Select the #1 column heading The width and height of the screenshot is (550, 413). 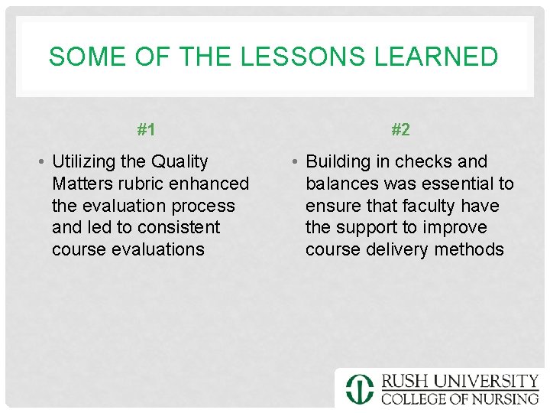(146, 130)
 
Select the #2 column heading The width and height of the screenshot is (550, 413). (400, 130)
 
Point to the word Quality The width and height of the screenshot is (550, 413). (180, 161)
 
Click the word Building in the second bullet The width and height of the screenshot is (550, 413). (337, 161)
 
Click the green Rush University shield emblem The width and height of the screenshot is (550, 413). (360, 389)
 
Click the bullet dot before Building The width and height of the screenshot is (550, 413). (295, 162)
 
